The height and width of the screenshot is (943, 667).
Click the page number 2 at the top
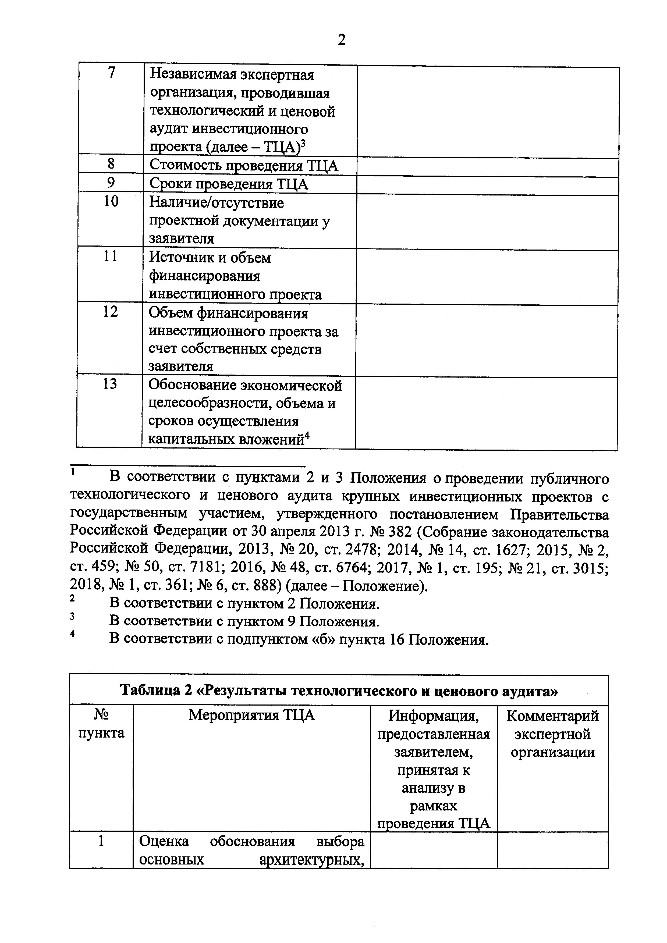click(341, 40)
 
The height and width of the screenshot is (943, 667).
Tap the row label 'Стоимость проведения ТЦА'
click(244, 166)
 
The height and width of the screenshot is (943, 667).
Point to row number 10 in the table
click(111, 202)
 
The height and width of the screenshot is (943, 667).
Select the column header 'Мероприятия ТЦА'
click(251, 716)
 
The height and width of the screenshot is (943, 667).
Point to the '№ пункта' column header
click(101, 724)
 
